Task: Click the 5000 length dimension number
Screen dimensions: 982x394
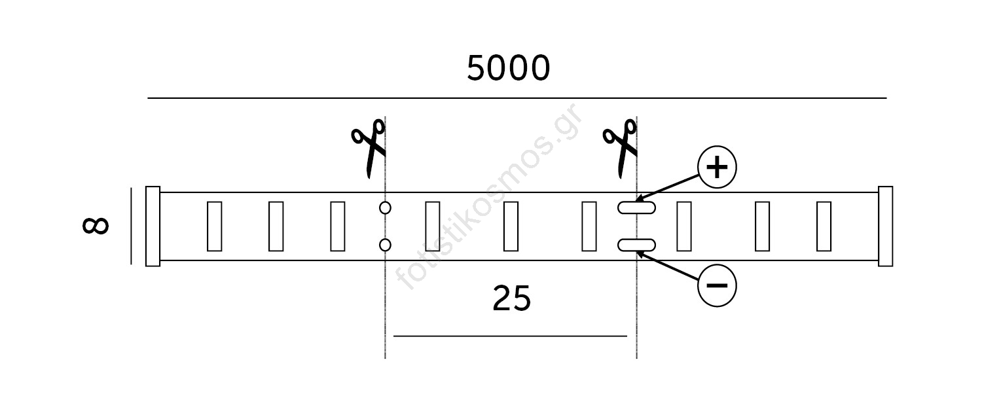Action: (x=508, y=68)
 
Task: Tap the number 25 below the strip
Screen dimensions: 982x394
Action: (x=511, y=298)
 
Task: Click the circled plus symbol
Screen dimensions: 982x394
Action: (x=718, y=167)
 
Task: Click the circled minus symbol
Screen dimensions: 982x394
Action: (x=718, y=285)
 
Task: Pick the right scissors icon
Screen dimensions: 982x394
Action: (x=621, y=148)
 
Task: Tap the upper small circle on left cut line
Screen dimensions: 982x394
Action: (x=385, y=207)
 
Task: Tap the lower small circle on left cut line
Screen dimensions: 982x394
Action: (x=385, y=245)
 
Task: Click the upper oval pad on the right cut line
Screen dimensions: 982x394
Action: (x=636, y=207)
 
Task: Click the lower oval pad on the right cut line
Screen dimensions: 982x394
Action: (x=636, y=245)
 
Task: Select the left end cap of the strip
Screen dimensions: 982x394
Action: (x=153, y=226)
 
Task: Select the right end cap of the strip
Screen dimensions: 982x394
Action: (x=886, y=226)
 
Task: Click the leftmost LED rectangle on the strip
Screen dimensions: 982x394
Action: (x=214, y=226)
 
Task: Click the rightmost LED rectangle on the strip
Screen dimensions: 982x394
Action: (x=824, y=226)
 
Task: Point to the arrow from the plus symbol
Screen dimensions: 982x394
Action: (x=667, y=188)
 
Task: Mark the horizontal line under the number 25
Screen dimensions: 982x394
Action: (x=510, y=336)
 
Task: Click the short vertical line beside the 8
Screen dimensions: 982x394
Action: (x=131, y=226)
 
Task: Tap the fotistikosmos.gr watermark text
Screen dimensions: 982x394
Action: (x=489, y=196)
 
